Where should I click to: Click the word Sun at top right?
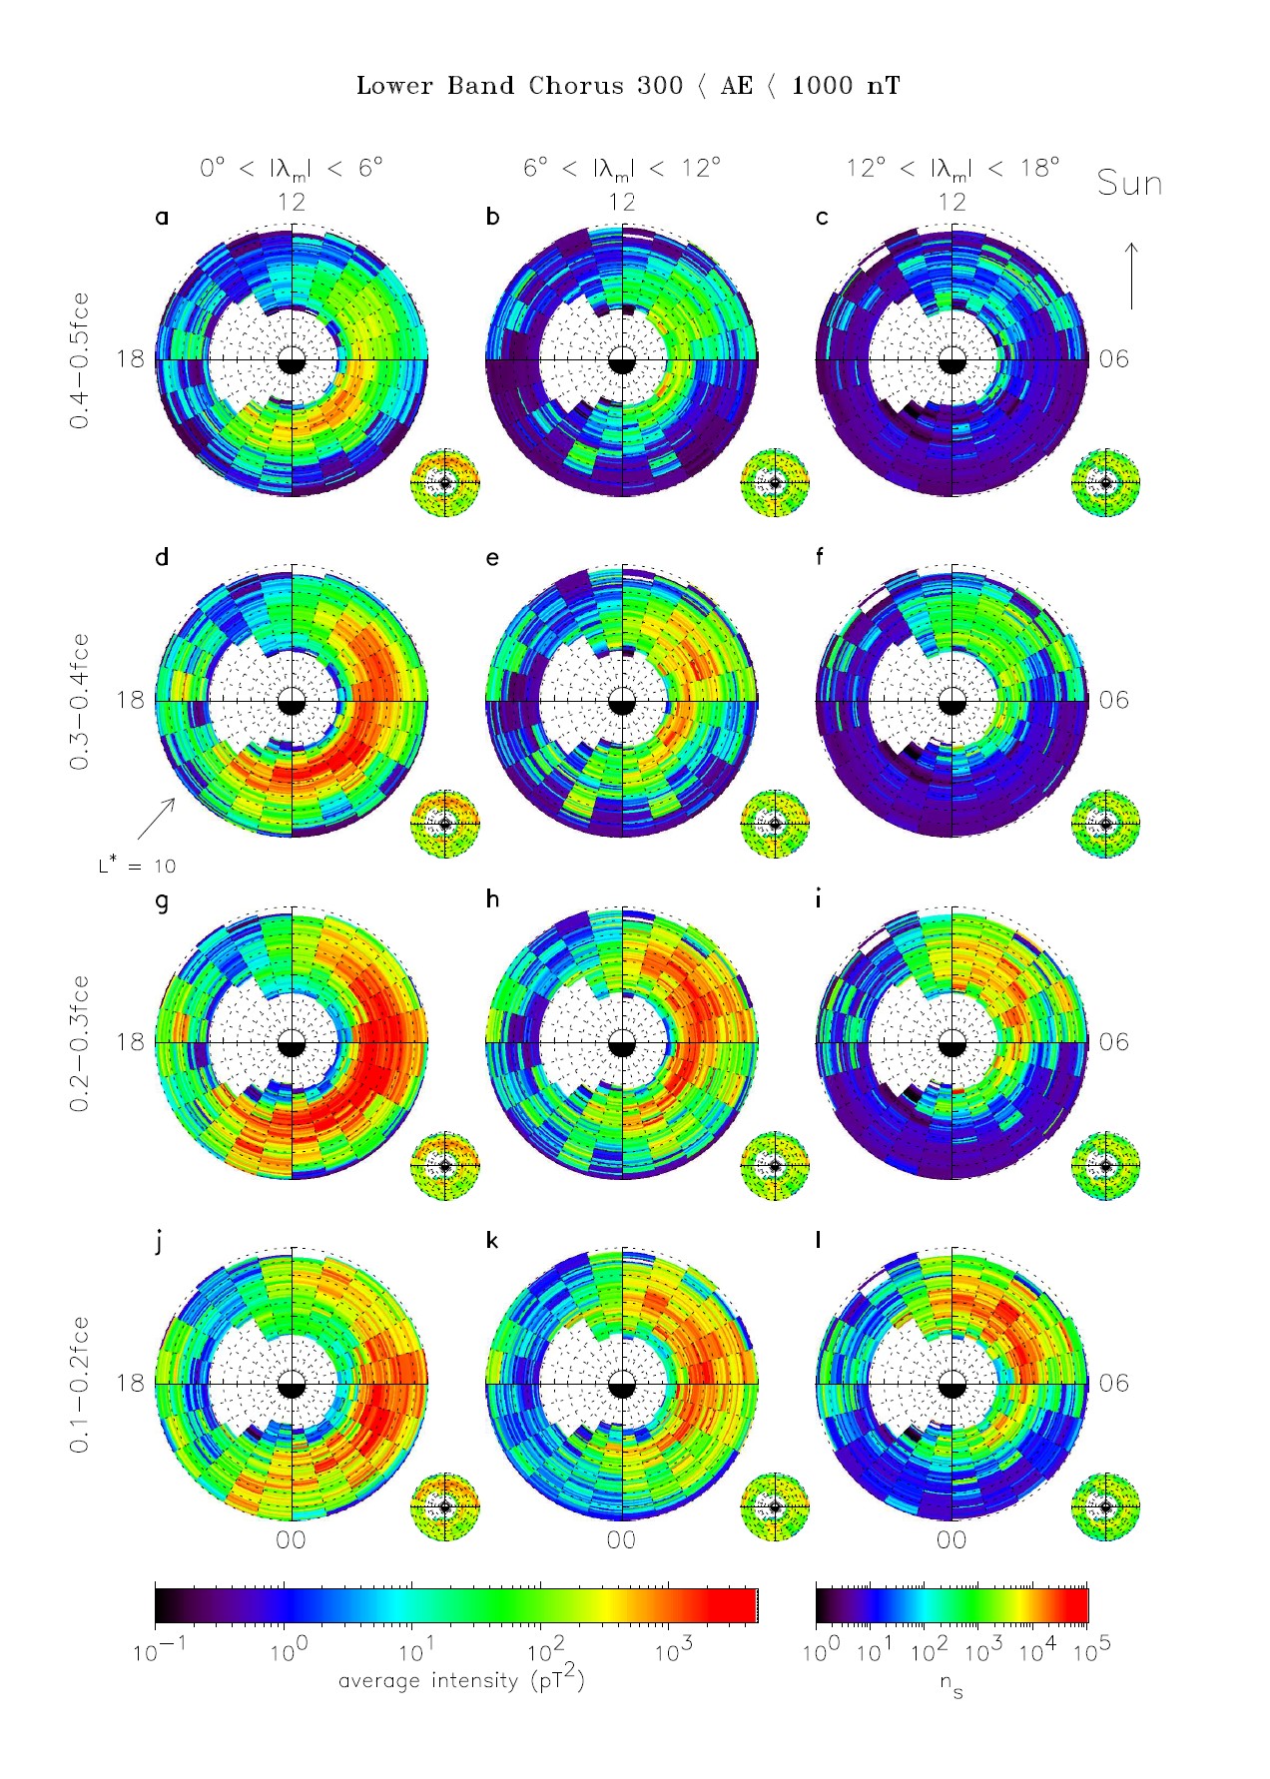click(x=1129, y=184)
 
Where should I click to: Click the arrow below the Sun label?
click(x=1131, y=276)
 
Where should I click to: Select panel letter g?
click(x=163, y=900)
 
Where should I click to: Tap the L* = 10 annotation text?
click(x=137, y=866)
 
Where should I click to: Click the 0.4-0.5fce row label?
click(x=79, y=360)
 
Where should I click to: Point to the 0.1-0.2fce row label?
click(x=79, y=1384)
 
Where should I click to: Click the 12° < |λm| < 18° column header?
click(x=952, y=168)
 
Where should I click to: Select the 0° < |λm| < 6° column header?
click(x=291, y=168)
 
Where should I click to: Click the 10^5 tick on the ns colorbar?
click(x=1090, y=1652)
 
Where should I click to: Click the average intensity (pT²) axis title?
click(x=461, y=1680)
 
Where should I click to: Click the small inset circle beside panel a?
click(x=445, y=482)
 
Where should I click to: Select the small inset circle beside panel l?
click(x=1105, y=1506)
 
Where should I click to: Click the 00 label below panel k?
click(x=621, y=1540)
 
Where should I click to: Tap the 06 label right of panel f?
click(x=1113, y=700)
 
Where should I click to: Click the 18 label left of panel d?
click(x=130, y=700)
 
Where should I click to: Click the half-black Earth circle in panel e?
click(x=621, y=702)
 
